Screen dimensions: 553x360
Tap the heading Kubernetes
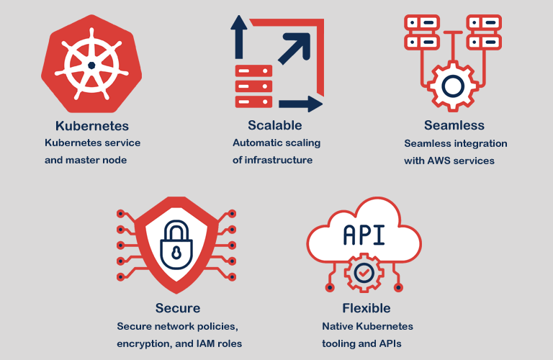click(92, 126)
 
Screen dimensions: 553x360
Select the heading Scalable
click(275, 126)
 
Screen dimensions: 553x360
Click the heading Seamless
click(454, 126)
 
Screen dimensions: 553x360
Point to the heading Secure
click(178, 308)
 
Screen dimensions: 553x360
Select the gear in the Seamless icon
click(453, 86)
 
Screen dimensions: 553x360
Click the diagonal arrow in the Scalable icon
click(295, 47)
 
